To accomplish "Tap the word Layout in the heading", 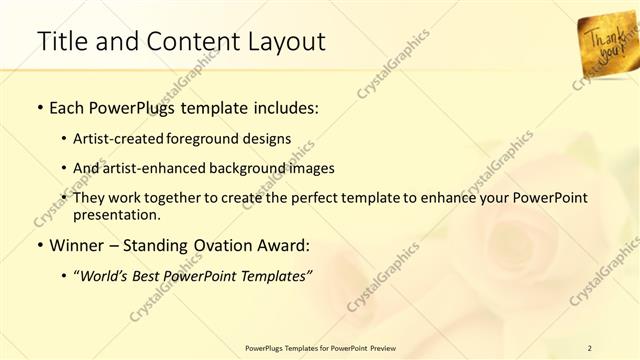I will tap(284, 42).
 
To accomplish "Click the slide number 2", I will tap(590, 348).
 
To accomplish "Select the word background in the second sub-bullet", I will tap(262, 167).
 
